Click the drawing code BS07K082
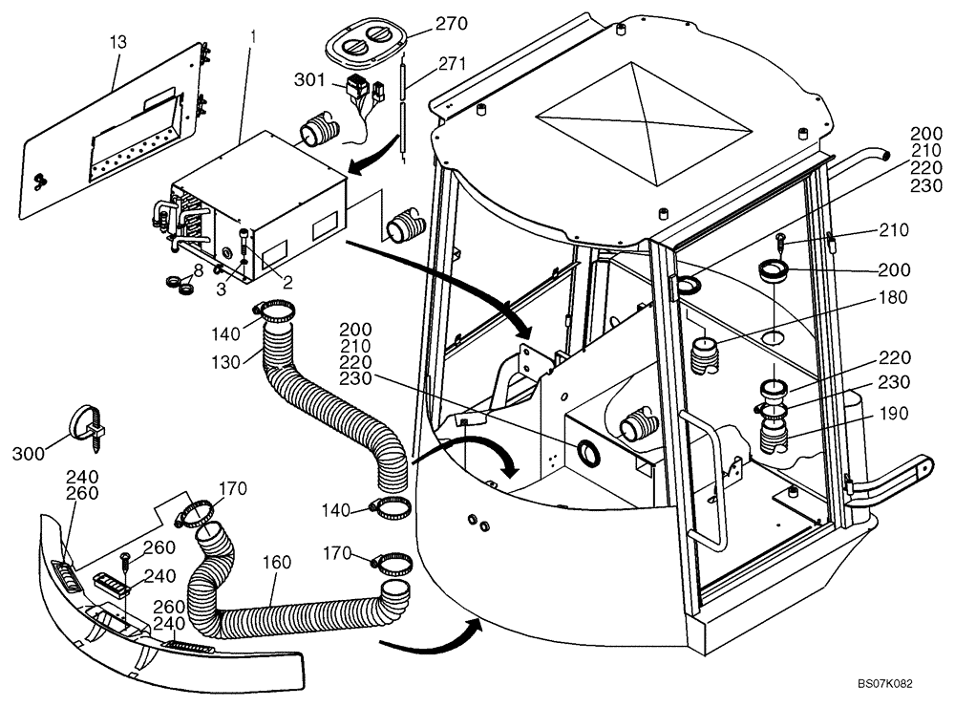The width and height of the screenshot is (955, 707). point(885,685)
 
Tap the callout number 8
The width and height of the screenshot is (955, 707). point(198,269)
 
